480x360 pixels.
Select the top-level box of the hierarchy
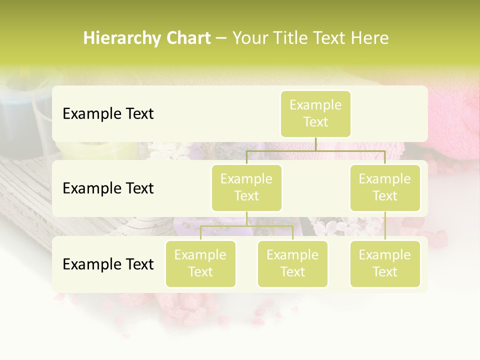coord(315,114)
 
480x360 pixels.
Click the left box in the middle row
coord(246,188)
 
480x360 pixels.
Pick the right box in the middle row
coord(385,188)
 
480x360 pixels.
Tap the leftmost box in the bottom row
coord(200,264)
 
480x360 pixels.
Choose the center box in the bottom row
coord(292,264)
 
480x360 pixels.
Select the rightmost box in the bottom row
coord(385,264)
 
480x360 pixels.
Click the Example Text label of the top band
coord(108,114)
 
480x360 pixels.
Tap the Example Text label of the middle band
coord(108,188)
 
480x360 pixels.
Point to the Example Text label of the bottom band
coord(108,264)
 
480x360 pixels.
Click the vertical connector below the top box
coord(315,144)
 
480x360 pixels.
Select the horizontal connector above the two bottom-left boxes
coord(246,226)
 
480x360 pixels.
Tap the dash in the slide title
coord(221,38)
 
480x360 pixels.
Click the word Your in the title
coord(250,38)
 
